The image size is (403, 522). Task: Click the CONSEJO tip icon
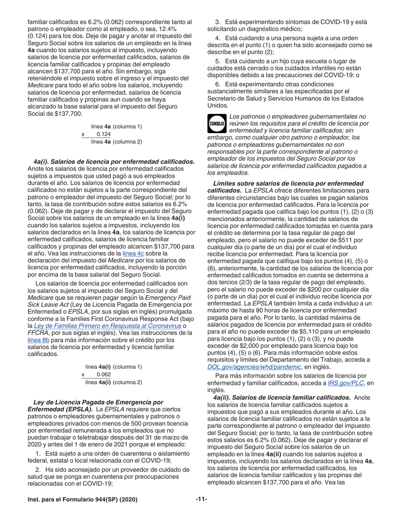pos(217,123)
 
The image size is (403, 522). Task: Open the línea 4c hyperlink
pos(128,253)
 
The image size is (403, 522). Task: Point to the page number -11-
pos(201,500)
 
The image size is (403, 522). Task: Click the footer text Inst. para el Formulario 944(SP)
pos(82,500)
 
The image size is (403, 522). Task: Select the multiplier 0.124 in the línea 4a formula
pos(104,134)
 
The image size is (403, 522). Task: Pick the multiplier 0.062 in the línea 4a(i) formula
pos(104,374)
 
